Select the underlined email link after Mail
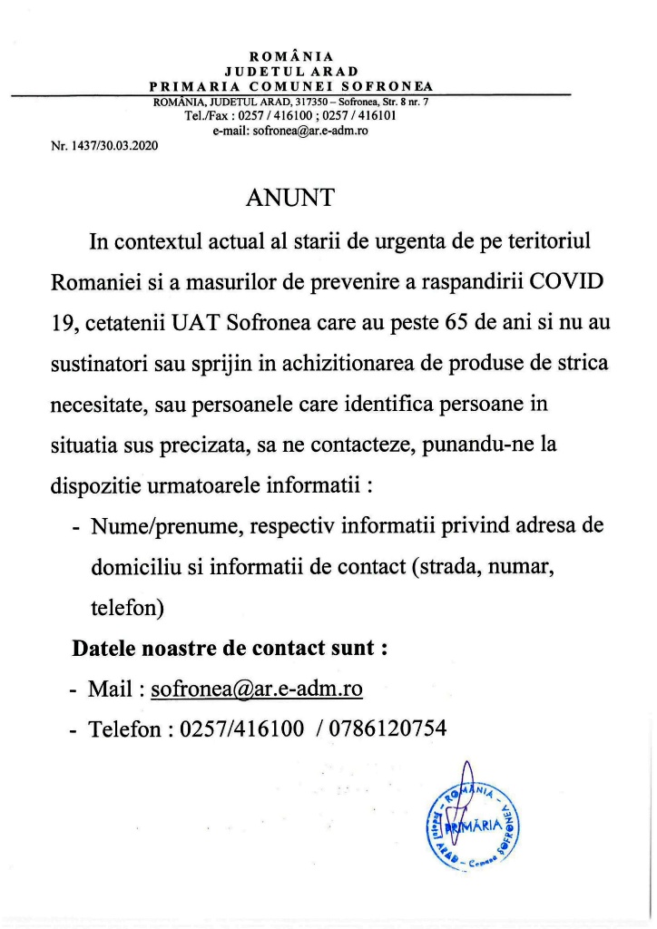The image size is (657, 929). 257,689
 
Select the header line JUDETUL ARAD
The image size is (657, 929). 291,71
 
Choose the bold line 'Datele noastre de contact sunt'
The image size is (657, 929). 230,649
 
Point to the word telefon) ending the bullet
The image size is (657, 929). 127,608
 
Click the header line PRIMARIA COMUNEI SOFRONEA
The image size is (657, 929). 291,86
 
